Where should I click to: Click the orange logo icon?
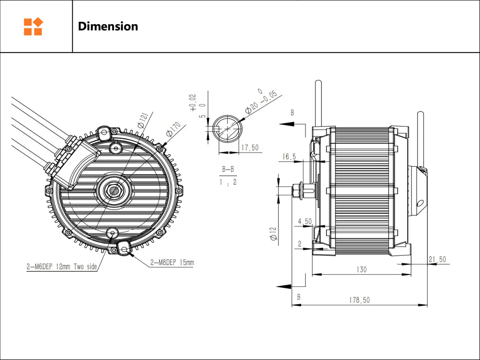33,26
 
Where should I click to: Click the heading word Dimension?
108,26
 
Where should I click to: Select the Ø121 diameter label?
143,119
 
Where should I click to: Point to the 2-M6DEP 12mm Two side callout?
61,266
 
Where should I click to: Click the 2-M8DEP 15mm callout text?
172,262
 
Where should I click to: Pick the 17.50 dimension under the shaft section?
249,147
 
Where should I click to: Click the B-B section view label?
228,170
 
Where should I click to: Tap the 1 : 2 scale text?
228,183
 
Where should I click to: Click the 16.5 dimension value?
289,157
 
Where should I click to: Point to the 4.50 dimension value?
305,222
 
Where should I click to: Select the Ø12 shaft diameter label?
273,233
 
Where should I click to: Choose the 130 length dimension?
361,270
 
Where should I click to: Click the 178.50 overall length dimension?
359,300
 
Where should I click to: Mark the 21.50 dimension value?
437,259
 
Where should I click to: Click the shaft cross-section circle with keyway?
227,128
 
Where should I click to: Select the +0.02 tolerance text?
193,102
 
